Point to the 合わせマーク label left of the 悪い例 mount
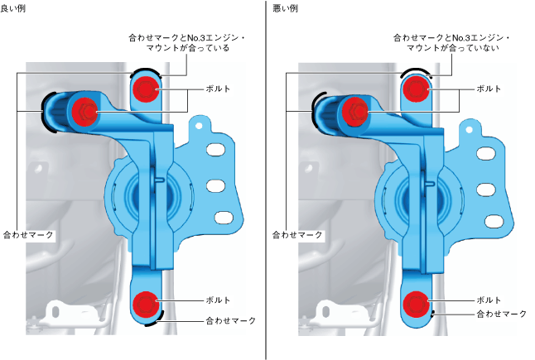pyautogui.click(x=298, y=235)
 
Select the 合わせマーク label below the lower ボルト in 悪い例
pyautogui.click(x=501, y=314)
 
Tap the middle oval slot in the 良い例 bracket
pyautogui.click(x=218, y=184)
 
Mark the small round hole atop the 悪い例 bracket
pyautogui.click(x=469, y=130)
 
